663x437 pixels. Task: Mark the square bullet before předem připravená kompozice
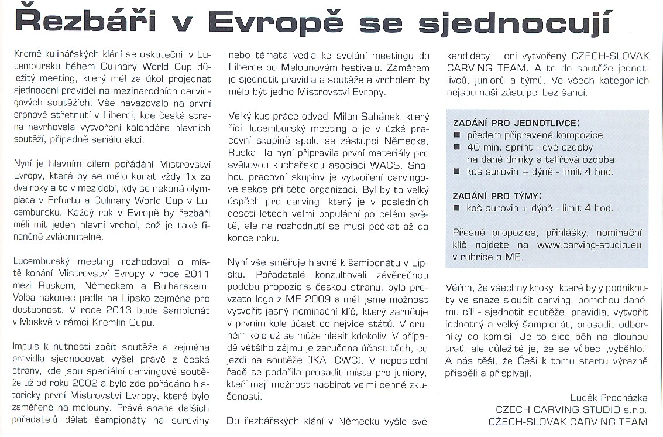coord(458,135)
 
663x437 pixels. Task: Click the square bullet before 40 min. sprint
coord(458,147)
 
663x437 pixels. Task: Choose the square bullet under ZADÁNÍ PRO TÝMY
coord(458,207)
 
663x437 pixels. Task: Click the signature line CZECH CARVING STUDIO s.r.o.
coord(571,409)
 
